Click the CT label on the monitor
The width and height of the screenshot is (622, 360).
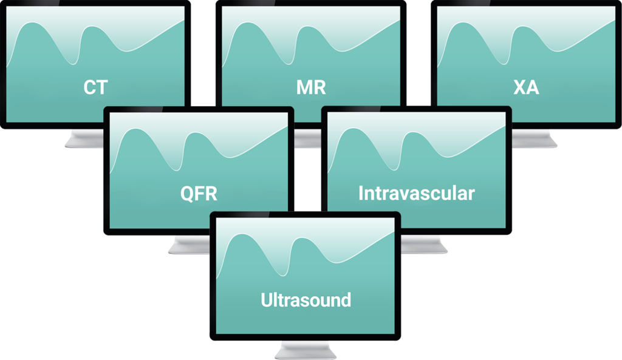coord(95,87)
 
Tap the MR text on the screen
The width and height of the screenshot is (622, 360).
coord(310,87)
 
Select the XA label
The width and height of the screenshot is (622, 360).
coord(526,87)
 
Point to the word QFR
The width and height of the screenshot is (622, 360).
coord(199,194)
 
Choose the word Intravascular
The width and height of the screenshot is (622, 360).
coord(416,194)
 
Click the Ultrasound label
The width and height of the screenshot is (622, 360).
coord(306,300)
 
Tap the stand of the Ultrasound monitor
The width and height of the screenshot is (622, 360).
coord(305,350)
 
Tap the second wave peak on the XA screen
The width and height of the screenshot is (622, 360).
coord(522,27)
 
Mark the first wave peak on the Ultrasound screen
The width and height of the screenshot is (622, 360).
coord(241,236)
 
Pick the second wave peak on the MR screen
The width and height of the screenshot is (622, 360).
coord(306,27)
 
